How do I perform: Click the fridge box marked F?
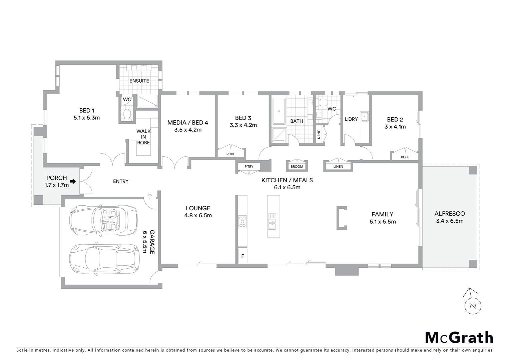click(x=242, y=256)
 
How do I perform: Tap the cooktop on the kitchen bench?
click(x=242, y=221)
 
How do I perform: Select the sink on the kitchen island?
click(x=272, y=221)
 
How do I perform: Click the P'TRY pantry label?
click(x=248, y=166)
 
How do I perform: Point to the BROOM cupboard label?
click(x=297, y=166)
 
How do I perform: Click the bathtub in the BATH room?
click(x=279, y=111)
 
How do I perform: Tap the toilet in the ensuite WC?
click(x=127, y=115)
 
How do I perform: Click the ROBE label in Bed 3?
click(x=230, y=154)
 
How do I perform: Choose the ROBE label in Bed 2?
click(x=405, y=157)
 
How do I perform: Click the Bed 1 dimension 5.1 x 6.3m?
click(x=87, y=118)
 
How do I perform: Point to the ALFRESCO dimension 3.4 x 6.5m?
click(x=449, y=221)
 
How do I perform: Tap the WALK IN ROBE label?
click(x=143, y=137)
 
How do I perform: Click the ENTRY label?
click(x=121, y=181)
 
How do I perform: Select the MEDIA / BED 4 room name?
click(x=187, y=123)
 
